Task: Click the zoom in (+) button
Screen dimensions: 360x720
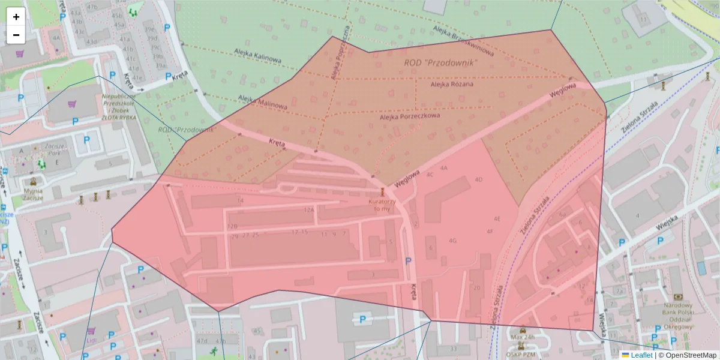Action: (x=16, y=17)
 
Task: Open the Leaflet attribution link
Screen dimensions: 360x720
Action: (x=641, y=355)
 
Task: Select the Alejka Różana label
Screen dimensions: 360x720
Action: (x=452, y=84)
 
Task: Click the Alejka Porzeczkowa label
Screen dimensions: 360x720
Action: (x=410, y=116)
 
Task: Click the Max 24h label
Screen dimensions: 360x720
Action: (x=521, y=337)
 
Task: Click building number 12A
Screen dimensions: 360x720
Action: (x=309, y=210)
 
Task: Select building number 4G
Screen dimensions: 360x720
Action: (x=452, y=241)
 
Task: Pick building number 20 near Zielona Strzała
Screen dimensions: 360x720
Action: (x=477, y=288)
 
